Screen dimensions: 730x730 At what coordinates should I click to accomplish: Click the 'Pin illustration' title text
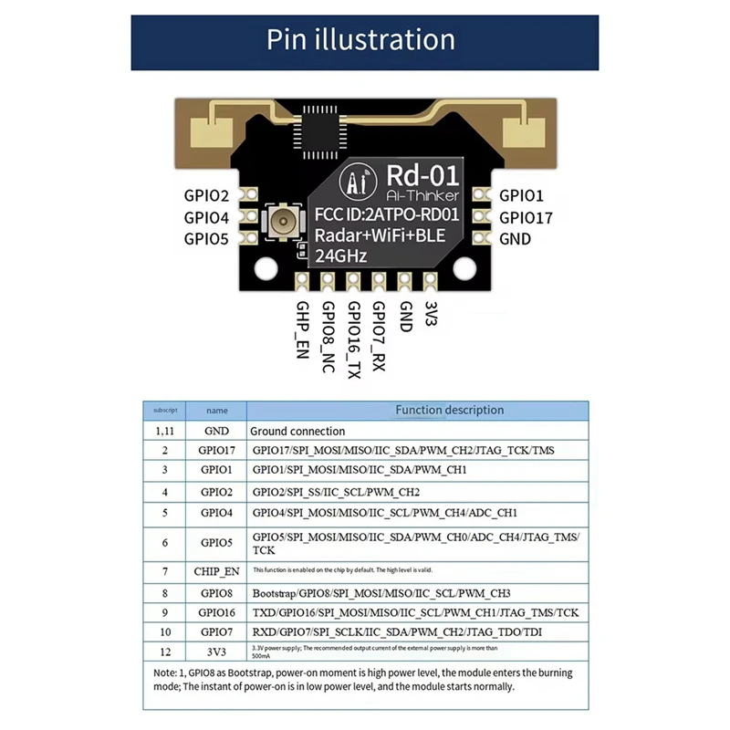[360, 40]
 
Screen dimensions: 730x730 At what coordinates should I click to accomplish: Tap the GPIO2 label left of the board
[206, 195]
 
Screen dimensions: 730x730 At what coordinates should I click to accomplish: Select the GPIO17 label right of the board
[527, 217]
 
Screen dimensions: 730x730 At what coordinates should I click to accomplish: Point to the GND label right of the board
[515, 239]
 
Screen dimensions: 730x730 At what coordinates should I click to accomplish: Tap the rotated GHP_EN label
[303, 329]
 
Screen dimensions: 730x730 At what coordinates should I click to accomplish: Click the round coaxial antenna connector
[281, 223]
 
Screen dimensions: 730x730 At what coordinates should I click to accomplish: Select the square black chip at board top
[317, 138]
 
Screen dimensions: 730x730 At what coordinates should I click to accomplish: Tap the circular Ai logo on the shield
[350, 182]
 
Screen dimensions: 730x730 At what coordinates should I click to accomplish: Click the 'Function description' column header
[449, 411]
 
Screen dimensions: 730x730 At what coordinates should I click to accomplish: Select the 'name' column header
[217, 411]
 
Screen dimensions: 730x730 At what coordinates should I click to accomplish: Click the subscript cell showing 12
[165, 651]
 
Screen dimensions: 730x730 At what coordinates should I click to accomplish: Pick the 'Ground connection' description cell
[298, 431]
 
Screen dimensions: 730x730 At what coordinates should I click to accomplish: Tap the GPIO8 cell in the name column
[217, 591]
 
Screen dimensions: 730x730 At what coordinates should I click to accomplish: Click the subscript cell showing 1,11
[165, 431]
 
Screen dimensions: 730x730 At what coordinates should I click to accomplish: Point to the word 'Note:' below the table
[167, 673]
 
